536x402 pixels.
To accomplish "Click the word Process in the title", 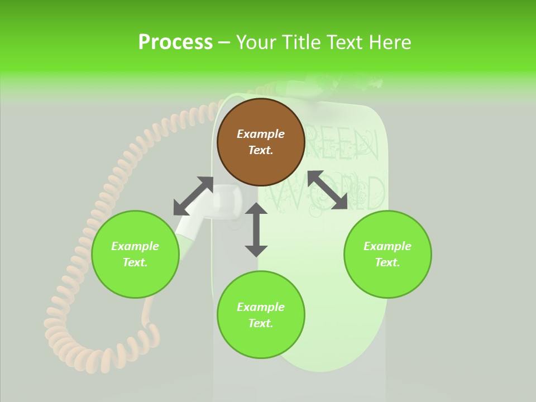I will click(175, 42).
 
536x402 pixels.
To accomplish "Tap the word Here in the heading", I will click(389, 42).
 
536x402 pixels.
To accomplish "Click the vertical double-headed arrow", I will click(256, 229).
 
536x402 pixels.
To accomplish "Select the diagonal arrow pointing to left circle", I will click(193, 196).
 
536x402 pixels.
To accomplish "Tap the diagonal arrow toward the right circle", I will click(327, 190).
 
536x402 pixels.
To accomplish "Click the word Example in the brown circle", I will click(261, 134).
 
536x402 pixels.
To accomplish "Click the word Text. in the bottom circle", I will click(261, 323).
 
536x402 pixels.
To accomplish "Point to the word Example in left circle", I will click(135, 246).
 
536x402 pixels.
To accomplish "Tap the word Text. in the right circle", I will click(387, 262).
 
